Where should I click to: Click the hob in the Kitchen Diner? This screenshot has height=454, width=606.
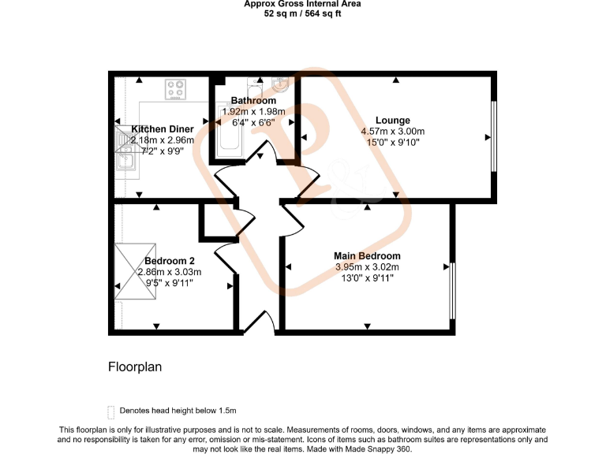175,89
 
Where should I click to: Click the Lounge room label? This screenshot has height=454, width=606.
392,121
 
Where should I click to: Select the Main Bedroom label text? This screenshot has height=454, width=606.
367,256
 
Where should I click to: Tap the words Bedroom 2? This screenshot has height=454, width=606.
169,261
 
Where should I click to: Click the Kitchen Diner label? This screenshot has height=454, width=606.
163,129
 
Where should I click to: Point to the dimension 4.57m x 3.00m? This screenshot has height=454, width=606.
392,132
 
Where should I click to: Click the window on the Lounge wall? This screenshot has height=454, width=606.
494,136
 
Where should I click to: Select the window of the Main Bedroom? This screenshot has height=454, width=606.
452,291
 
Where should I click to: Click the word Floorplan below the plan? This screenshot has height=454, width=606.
134,367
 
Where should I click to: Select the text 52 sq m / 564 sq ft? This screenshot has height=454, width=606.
303,14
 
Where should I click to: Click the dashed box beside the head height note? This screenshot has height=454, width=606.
110,411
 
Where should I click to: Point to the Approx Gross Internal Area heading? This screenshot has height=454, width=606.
303,4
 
